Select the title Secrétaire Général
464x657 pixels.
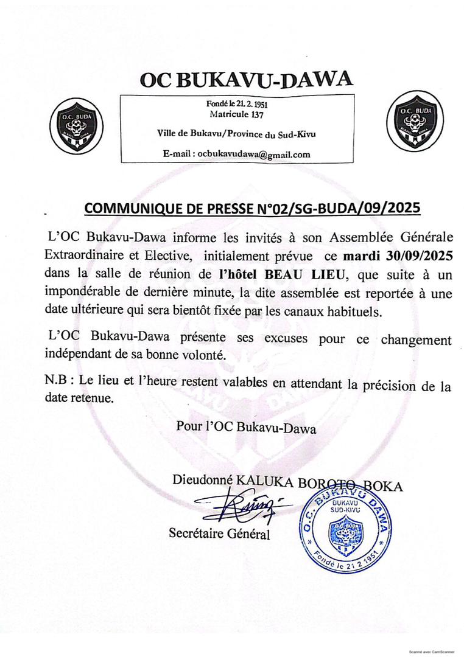(219, 534)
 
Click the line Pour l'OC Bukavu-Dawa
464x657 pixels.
(247, 428)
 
